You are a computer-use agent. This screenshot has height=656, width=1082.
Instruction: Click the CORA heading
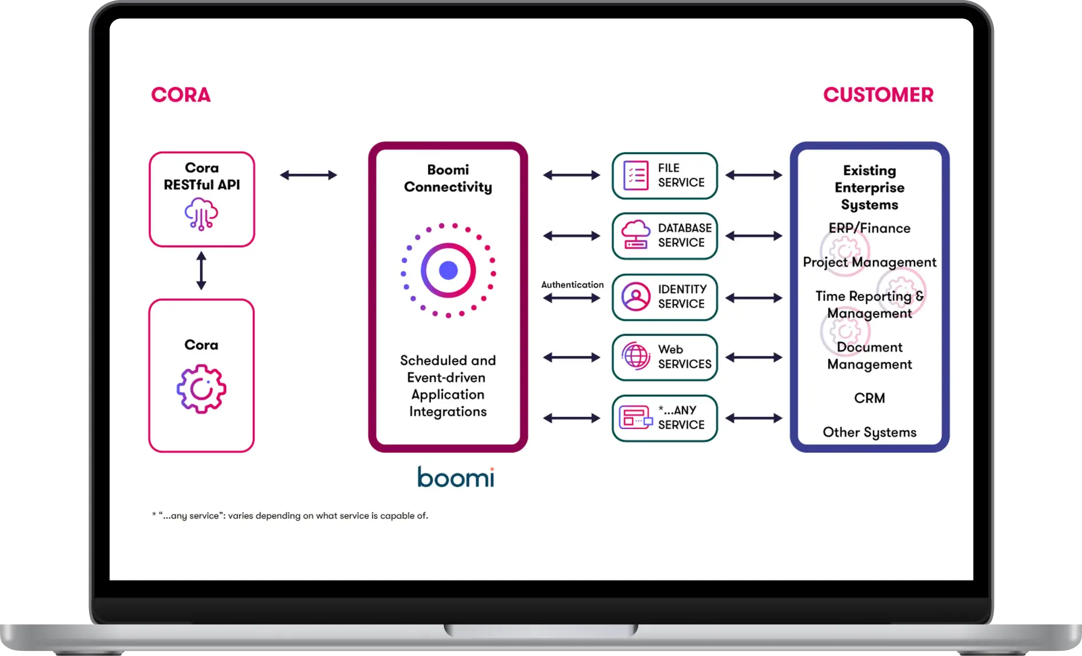(x=181, y=95)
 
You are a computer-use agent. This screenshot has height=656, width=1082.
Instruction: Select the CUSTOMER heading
(x=878, y=95)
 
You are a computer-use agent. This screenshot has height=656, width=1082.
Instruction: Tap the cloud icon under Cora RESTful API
(x=201, y=214)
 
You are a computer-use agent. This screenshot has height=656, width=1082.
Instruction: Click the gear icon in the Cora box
(x=201, y=389)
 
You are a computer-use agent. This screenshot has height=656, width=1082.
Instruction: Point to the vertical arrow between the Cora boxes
(x=201, y=271)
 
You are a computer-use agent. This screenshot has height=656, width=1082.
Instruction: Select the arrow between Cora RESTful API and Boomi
(x=309, y=175)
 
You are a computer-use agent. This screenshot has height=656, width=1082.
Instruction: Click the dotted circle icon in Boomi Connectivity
(x=448, y=271)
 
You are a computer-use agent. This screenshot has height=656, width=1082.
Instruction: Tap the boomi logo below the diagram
(x=456, y=477)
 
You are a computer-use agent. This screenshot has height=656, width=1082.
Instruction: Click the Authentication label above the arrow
(x=572, y=284)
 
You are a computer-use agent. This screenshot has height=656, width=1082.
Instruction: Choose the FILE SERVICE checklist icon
(x=636, y=176)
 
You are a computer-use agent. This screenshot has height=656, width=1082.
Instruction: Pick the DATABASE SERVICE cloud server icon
(x=636, y=235)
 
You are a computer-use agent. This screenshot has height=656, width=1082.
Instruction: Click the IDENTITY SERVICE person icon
(x=636, y=297)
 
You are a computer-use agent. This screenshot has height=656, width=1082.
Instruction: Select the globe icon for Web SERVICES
(x=636, y=357)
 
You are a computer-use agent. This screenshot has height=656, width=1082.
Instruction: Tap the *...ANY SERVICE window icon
(x=636, y=418)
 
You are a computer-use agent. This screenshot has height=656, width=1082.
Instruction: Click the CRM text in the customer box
(x=869, y=398)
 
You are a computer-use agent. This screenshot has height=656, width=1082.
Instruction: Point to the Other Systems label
(x=869, y=432)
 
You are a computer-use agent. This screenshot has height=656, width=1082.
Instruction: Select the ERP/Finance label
(x=869, y=228)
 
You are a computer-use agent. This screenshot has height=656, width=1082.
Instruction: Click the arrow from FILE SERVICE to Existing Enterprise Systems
(x=754, y=175)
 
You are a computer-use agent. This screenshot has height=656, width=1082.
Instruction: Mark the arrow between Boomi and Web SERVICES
(x=572, y=357)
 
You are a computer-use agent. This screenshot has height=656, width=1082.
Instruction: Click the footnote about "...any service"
(x=290, y=516)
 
